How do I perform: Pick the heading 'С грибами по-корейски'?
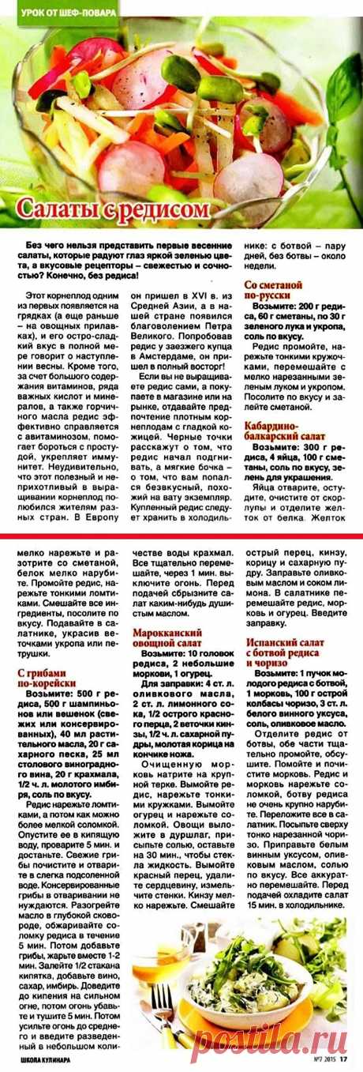click(47, 678)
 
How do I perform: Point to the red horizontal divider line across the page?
click(181, 535)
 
